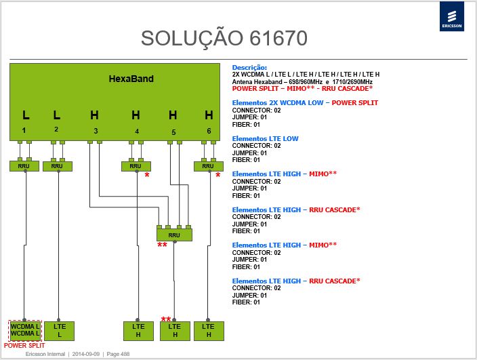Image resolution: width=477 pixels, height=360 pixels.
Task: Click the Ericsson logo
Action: [452, 16]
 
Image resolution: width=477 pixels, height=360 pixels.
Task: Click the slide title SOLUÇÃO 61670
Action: [224, 39]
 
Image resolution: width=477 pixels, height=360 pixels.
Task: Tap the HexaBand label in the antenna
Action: [131, 79]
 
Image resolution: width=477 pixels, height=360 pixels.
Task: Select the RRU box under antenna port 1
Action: [24, 166]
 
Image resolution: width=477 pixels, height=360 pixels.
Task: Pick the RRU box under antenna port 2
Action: [57, 166]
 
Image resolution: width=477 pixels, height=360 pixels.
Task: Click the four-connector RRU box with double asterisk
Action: [174, 235]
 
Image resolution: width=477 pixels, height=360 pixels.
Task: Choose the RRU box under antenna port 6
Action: [209, 166]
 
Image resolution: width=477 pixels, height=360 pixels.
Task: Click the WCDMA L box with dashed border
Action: [24, 330]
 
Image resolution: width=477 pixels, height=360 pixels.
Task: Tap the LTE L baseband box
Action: [60, 331]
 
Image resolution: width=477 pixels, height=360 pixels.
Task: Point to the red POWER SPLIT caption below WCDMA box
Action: [24, 346]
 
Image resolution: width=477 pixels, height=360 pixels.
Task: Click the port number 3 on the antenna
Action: [96, 131]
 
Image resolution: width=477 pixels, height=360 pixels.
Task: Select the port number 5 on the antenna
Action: [173, 132]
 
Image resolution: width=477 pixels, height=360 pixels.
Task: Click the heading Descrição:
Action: [249, 68]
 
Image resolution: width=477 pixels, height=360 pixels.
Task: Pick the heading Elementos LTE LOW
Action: [266, 139]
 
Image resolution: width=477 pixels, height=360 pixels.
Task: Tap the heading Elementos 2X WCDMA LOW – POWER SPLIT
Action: [305, 103]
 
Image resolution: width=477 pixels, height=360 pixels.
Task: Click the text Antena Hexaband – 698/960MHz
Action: [277, 82]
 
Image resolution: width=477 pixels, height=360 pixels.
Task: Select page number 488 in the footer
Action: [118, 354]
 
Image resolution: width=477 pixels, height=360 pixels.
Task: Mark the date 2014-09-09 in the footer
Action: [86, 354]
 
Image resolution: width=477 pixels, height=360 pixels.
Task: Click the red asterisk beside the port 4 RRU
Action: [147, 176]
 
